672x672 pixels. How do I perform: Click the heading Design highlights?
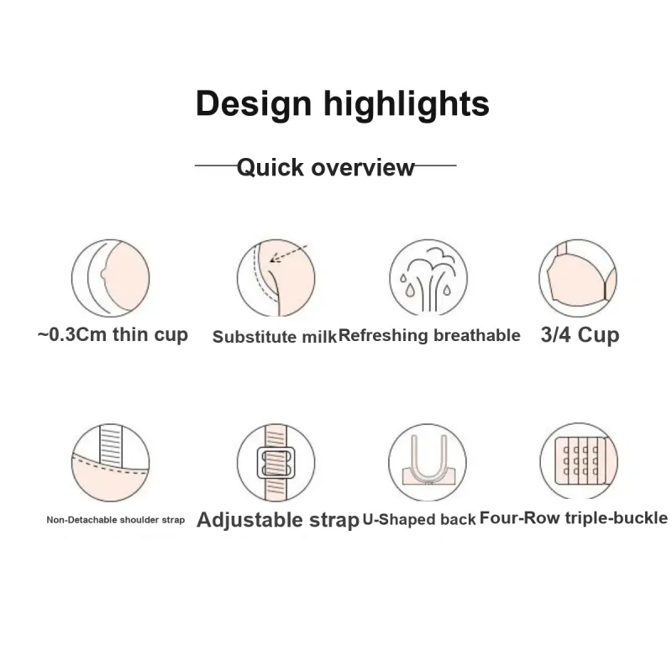point(342,103)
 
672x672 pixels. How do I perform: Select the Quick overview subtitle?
point(326,167)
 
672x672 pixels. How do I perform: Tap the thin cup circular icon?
point(111,278)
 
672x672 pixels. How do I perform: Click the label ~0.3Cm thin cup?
point(113,334)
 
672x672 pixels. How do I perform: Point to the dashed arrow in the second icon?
point(288,254)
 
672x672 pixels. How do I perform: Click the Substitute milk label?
point(275,337)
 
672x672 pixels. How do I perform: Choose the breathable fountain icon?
point(428,277)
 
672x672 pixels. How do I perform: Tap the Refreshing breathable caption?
point(429,335)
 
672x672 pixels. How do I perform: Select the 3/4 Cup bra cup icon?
point(578,278)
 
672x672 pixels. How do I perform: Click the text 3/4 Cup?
point(580,334)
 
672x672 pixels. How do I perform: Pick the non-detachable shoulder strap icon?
point(111,463)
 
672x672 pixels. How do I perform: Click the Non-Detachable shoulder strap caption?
point(116,520)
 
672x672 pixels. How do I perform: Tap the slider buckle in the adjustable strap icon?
point(276,463)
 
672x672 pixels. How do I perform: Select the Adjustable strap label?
point(278,520)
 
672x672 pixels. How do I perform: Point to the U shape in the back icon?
point(428,459)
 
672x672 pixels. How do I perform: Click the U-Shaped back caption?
point(419,519)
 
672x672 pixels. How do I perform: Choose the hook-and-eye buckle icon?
point(579,461)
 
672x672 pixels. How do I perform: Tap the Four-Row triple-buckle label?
point(574,518)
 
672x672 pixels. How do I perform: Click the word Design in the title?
point(254,103)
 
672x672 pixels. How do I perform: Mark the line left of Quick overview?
point(216,165)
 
